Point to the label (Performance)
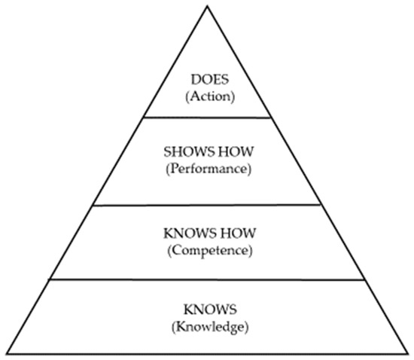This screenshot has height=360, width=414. pos(206,168)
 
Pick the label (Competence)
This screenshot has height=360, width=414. pos(206,249)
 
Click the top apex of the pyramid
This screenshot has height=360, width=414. pos(206,5)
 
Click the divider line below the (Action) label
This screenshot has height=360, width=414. pos(206,117)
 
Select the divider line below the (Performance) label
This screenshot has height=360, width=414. pos(206,204)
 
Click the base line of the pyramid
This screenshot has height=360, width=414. pos(206,354)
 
